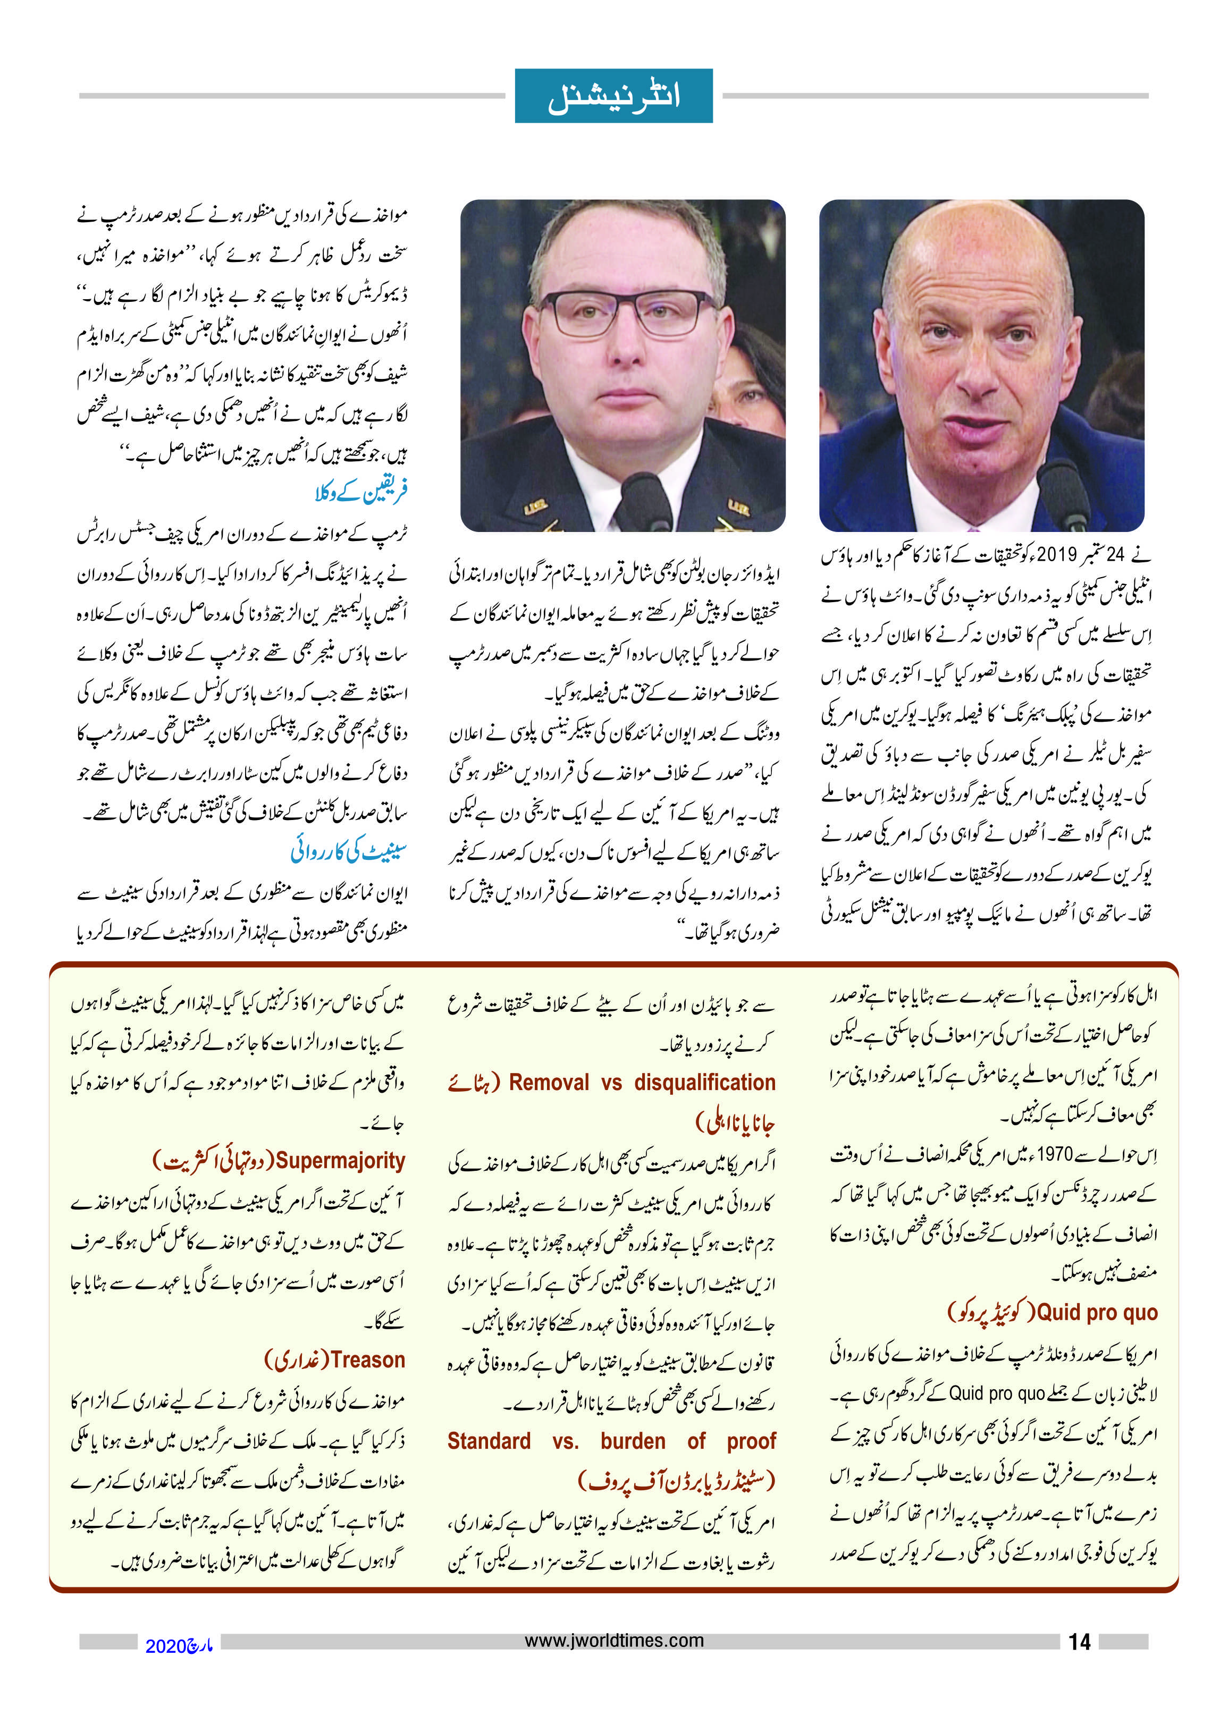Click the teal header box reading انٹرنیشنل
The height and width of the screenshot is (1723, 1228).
pyautogui.click(x=613, y=96)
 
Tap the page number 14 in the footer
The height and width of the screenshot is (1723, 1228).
pyautogui.click(x=1079, y=1641)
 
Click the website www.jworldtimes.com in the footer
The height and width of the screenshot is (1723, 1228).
pyautogui.click(x=614, y=1640)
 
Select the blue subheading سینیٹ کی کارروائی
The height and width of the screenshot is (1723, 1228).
pyautogui.click(x=349, y=851)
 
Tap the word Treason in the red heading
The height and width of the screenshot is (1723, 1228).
pyautogui.click(x=367, y=1360)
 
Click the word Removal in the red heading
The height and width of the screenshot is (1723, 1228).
pyautogui.click(x=548, y=1083)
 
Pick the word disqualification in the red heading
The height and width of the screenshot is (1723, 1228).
pyautogui.click(x=705, y=1083)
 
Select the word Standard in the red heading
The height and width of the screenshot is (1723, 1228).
pyautogui.click(x=489, y=1441)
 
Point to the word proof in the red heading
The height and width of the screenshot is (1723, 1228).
pyautogui.click(x=751, y=1441)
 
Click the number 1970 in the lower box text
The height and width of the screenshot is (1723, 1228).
pyautogui.click(x=1055, y=1154)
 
